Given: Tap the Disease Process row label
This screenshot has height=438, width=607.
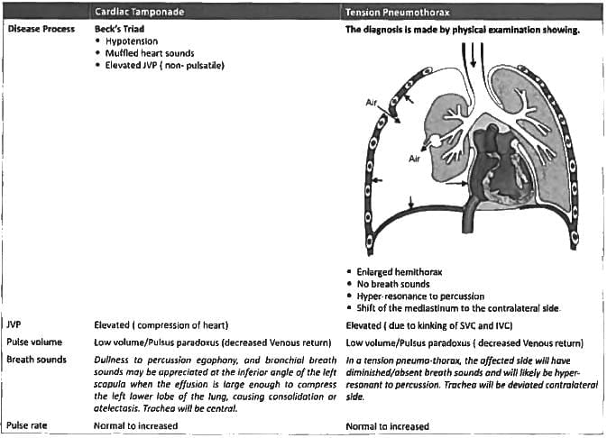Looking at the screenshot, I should tap(39, 29).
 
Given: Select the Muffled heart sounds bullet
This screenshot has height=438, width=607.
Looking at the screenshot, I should tap(150, 53).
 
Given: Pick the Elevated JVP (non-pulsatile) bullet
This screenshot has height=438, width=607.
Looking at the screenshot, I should tap(164, 66).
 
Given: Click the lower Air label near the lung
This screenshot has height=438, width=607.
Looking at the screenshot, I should tap(415, 159).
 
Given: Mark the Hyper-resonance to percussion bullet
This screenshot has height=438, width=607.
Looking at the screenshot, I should tap(420, 296).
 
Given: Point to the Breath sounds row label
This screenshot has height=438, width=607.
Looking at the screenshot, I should tap(35, 360).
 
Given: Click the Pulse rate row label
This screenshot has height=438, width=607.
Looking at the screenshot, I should tap(29, 425).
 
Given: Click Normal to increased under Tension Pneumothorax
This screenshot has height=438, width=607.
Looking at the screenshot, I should tap(387, 425).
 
